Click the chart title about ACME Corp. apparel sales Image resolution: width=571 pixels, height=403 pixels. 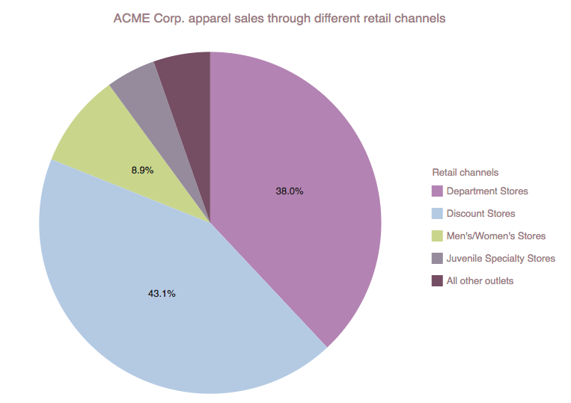(279, 17)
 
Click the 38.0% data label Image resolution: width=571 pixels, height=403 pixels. (290, 191)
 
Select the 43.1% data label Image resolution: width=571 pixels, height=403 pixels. (162, 294)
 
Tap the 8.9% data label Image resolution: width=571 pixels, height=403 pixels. (142, 170)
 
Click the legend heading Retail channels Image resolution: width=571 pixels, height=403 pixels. (465, 173)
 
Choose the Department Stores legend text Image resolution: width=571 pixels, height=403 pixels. (486, 191)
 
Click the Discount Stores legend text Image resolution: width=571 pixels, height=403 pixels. (480, 214)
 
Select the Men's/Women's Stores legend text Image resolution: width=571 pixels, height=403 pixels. (495, 236)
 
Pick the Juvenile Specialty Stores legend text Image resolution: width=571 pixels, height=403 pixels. (501, 259)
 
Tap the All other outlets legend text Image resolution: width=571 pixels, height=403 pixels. (480, 281)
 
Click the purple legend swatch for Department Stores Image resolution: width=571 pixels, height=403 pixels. (437, 191)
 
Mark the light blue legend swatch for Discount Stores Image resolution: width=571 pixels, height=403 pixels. (437, 214)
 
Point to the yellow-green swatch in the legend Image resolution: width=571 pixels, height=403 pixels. (437, 236)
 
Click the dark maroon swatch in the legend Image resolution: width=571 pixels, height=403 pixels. (437, 281)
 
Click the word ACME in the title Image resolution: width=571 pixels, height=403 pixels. (128, 17)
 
